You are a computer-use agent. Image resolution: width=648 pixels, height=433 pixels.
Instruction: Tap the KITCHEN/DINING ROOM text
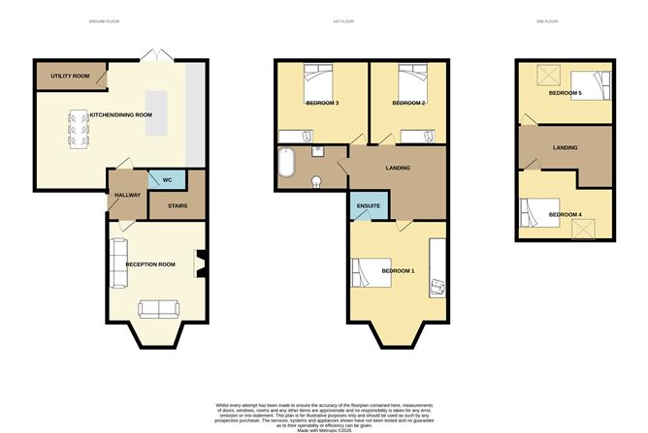click(121, 115)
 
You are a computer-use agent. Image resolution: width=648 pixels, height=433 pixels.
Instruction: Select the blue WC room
click(166, 179)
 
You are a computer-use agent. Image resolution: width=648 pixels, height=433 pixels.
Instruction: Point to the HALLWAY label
click(127, 195)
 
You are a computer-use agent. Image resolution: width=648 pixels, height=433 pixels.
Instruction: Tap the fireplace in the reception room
click(201, 263)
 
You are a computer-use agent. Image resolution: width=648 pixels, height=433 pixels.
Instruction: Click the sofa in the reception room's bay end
click(157, 309)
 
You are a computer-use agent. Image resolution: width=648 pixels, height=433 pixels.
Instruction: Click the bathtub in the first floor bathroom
click(284, 165)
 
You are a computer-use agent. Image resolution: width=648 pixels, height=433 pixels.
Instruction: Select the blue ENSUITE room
click(369, 205)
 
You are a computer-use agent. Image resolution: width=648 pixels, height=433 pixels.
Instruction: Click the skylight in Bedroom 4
click(585, 228)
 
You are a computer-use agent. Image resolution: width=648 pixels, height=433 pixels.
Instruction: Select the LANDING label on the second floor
click(566, 148)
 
